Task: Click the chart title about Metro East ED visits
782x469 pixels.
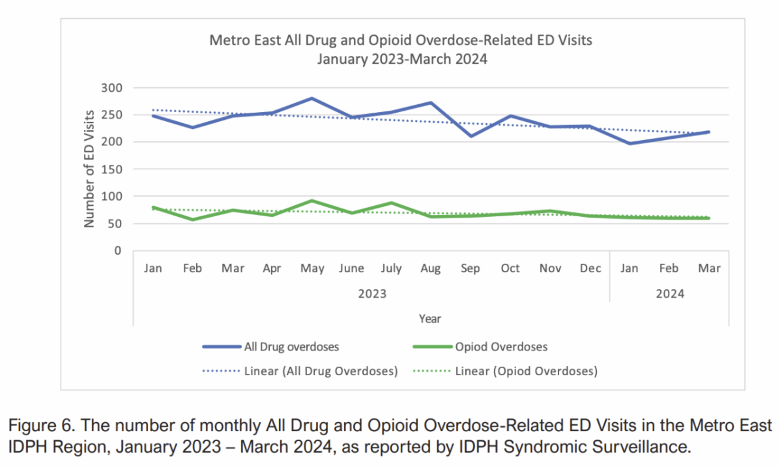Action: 400,49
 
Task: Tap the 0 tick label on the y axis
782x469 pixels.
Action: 117,251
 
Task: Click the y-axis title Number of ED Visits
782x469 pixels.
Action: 89,169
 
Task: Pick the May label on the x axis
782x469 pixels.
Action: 313,268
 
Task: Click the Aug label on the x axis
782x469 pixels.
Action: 431,268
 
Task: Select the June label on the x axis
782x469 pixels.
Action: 352,268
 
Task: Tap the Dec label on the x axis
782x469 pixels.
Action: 590,268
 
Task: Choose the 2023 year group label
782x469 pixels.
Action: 371,294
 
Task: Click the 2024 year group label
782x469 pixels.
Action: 670,294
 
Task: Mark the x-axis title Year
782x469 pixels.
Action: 430,319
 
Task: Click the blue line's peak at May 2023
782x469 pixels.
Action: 313,98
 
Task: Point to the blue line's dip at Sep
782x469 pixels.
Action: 471,136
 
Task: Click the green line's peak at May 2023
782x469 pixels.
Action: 313,201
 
